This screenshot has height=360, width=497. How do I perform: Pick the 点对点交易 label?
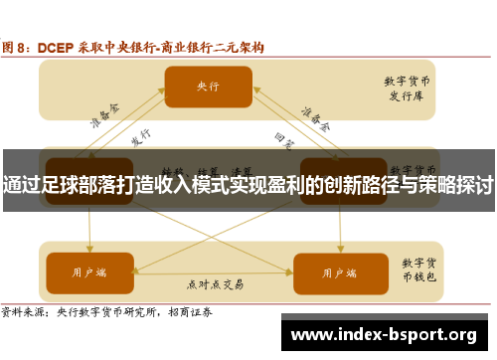coord(213,284)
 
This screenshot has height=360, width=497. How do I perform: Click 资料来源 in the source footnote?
coord(22,311)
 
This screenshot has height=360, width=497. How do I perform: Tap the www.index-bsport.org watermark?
coord(383,332)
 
